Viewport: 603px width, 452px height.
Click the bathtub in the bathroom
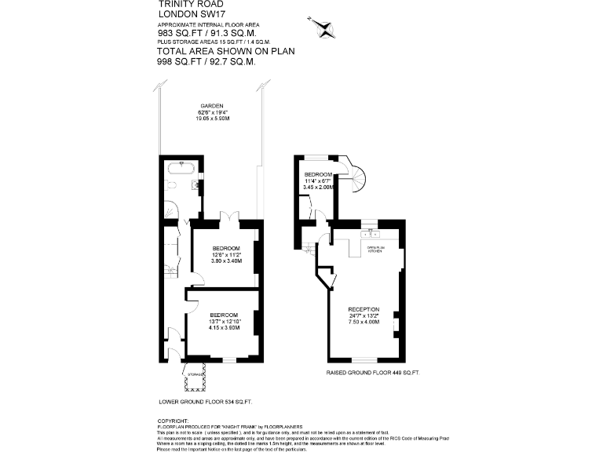tap(181, 166)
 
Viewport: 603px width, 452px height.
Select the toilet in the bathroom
tap(170, 186)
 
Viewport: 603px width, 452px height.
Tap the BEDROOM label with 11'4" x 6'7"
tap(320, 174)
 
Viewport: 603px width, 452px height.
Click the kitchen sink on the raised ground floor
tap(369, 234)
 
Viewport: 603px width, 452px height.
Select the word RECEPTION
tap(364, 309)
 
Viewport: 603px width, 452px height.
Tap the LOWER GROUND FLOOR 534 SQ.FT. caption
tap(205, 402)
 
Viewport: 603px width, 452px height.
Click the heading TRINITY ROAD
tap(181, 4)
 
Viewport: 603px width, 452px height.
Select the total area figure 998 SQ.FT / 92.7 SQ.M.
tap(206, 62)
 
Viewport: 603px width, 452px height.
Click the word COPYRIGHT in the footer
tap(174, 420)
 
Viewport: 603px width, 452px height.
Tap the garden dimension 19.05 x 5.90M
tap(212, 118)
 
